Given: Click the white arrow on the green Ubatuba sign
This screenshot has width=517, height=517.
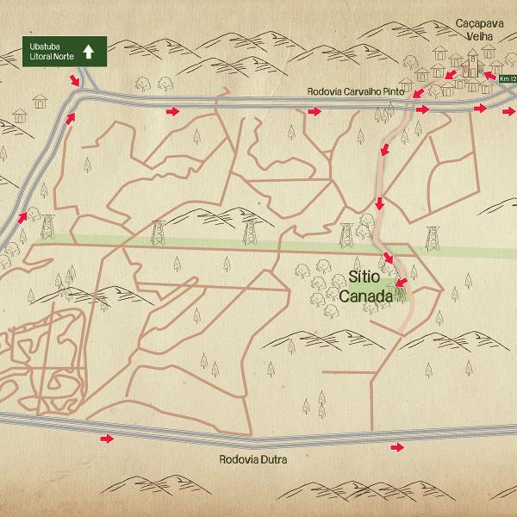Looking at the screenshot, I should [x=87, y=51].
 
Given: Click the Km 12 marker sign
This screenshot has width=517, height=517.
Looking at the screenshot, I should [x=508, y=78].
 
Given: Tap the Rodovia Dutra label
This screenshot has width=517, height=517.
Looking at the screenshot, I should [x=252, y=460].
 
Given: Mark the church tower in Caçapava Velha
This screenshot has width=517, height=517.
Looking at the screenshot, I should [x=471, y=59].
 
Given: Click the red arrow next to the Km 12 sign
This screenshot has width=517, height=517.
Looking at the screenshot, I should [x=489, y=76].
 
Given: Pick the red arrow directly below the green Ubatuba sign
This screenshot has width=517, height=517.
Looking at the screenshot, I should [x=76, y=80].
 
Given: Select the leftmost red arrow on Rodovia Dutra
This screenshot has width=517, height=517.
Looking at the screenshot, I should [x=107, y=439].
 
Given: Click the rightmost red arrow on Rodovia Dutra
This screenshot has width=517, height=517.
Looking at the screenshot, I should [x=397, y=447].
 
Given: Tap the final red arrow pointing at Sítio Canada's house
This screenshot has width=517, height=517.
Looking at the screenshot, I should [x=401, y=280].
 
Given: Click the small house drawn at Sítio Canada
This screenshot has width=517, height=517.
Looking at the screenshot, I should [x=400, y=293].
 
